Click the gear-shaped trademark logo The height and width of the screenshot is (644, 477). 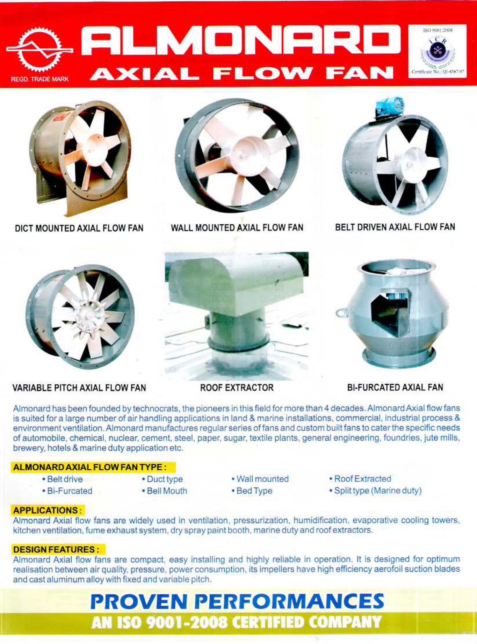click(39, 50)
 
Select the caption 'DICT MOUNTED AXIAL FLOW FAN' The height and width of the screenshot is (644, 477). click(79, 228)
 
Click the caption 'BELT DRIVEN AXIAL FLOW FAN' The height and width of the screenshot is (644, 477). click(395, 227)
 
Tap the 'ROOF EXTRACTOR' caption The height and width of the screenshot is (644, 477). click(236, 388)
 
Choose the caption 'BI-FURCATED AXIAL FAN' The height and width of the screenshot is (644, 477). click(395, 387)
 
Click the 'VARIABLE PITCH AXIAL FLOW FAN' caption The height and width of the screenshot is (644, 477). click(79, 388)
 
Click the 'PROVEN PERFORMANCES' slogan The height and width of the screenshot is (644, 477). click(237, 601)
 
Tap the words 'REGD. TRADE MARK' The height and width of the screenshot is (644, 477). click(39, 79)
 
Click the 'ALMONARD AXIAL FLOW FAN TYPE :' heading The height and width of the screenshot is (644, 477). click(90, 467)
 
